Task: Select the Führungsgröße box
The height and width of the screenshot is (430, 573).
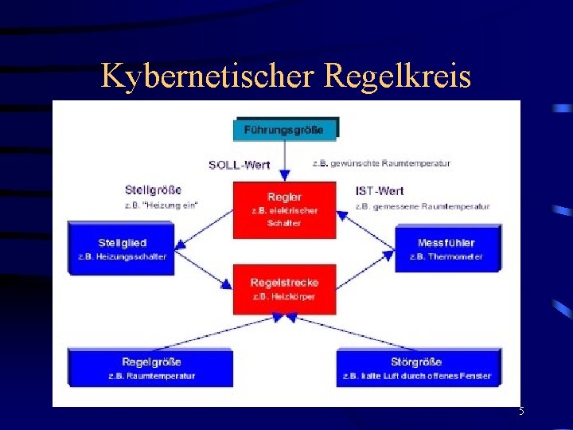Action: click(285, 129)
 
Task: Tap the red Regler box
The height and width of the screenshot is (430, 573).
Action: click(285, 209)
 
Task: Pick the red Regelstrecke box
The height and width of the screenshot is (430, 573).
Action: click(284, 289)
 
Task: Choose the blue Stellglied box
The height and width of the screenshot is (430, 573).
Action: click(122, 248)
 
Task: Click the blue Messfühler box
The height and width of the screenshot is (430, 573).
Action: click(446, 248)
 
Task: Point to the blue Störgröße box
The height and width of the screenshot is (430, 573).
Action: click(417, 368)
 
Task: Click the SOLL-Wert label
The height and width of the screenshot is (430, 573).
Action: click(239, 165)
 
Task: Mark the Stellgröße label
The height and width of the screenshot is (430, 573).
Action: click(153, 190)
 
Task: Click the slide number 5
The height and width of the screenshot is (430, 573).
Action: click(521, 412)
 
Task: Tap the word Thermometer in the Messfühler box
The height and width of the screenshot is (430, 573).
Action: click(456, 256)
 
